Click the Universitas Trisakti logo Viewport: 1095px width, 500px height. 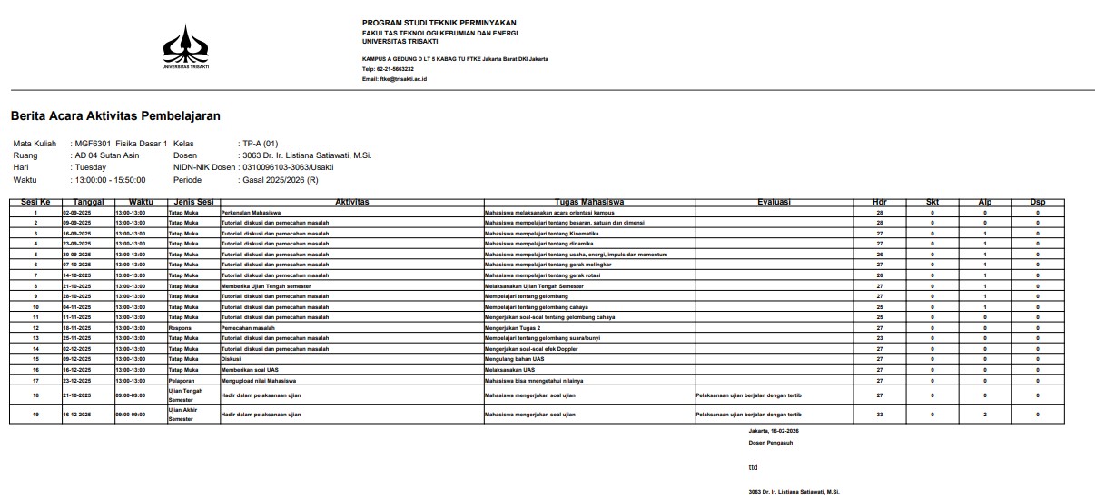coord(185,45)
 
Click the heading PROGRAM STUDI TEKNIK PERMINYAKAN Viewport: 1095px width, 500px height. coord(439,23)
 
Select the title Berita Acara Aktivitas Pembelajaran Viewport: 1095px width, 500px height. coord(115,116)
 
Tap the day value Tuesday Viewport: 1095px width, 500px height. coord(91,167)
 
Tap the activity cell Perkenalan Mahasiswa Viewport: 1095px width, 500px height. coord(251,212)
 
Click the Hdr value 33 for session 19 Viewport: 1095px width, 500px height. coord(879,415)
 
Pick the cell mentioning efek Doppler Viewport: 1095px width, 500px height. coord(537,349)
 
